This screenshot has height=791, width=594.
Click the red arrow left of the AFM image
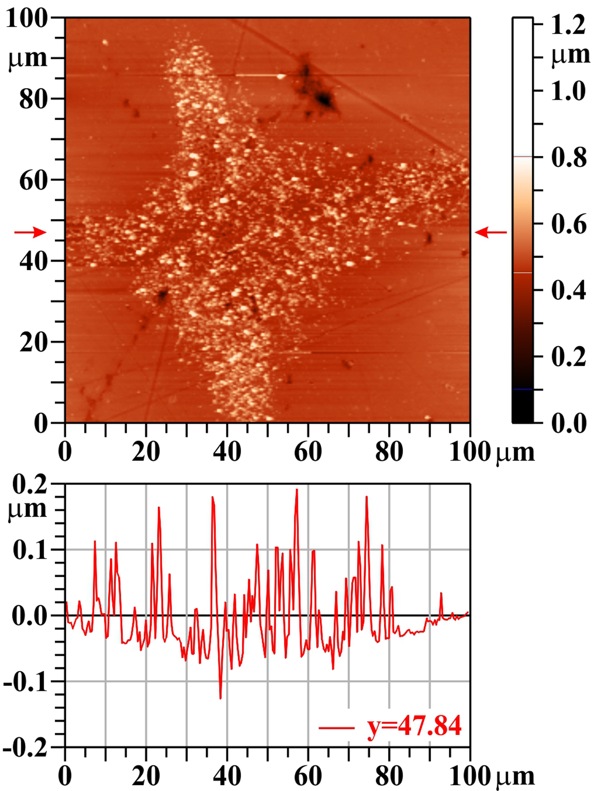click(x=30, y=232)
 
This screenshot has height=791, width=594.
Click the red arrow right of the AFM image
click(x=490, y=232)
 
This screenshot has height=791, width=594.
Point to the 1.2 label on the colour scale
click(x=568, y=25)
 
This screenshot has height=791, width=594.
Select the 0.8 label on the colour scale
click(x=569, y=157)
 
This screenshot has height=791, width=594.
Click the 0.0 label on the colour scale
click(x=569, y=423)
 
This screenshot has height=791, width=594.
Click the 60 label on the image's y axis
click(x=33, y=180)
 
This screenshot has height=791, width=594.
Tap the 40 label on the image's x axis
click(x=227, y=452)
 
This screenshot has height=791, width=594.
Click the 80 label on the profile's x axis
click(x=389, y=776)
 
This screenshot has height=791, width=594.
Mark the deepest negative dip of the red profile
click(x=220, y=698)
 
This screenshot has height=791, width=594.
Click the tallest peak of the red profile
click(x=297, y=490)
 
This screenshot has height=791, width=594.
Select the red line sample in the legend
click(x=336, y=728)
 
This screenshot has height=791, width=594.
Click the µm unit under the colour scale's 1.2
click(x=570, y=55)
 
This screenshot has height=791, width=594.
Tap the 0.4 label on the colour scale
click(x=569, y=291)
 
